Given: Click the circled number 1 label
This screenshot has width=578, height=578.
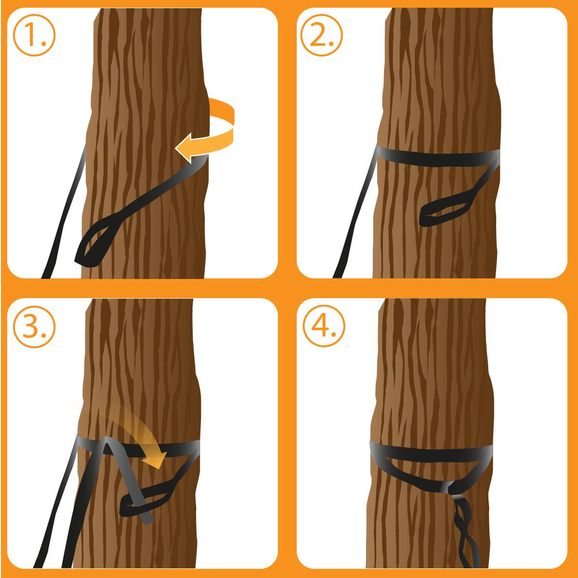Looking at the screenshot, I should click(34, 35).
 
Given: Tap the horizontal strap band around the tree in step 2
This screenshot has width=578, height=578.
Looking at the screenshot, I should click(433, 157).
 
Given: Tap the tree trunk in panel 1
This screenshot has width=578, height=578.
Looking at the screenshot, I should click(144, 72).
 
